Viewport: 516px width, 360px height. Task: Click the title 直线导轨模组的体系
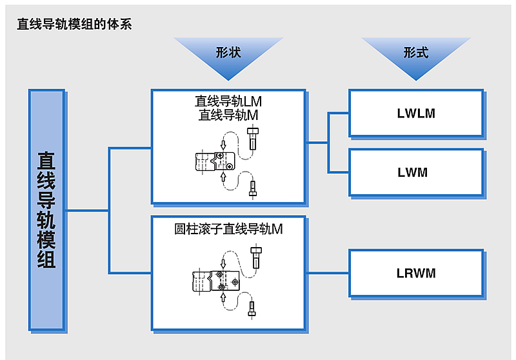75,25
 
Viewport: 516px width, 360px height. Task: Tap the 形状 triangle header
228,52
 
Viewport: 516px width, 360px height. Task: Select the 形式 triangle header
415,52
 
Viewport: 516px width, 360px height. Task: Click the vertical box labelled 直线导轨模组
46,210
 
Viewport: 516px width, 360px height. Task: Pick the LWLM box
416,114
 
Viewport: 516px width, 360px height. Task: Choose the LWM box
416,172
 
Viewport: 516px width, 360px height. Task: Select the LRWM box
416,273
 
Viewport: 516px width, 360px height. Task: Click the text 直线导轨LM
228,102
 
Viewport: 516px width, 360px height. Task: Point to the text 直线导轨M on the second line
228,115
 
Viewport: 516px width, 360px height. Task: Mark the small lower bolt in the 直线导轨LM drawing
253,189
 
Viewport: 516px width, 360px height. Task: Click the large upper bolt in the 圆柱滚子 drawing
257,256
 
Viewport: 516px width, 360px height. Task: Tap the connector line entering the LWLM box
339,114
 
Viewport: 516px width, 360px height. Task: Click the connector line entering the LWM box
339,172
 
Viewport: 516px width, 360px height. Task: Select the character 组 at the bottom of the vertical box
46,259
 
